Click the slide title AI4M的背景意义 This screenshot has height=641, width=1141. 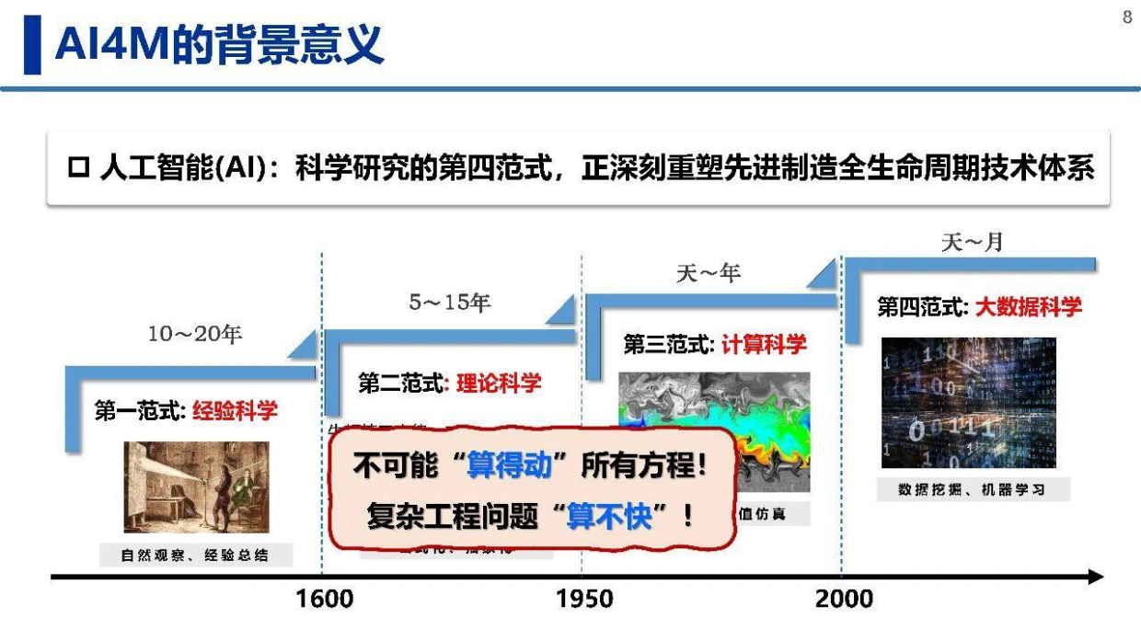pos(219,44)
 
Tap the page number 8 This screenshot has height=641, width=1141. pos(1127,17)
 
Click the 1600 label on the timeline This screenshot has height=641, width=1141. pos(324,600)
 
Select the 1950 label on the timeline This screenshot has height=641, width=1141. pos(584,600)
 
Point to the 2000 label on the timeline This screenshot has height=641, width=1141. pos(844,600)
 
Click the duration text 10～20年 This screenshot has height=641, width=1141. pos(195,335)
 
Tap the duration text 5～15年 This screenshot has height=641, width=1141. pos(451,303)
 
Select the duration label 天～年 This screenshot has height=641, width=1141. pos(709,273)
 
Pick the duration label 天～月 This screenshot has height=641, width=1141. pos(972,243)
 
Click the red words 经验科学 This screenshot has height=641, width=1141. pos(235,410)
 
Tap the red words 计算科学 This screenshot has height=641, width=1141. pos(764,344)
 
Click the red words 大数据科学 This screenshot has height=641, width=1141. pos(1029,307)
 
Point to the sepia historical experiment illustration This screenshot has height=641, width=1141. pos(196,486)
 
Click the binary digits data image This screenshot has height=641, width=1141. pos(968,403)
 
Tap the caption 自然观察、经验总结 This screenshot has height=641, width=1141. pos(195,555)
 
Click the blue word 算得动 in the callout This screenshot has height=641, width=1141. pos(509,465)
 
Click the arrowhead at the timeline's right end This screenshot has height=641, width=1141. pos(1094,577)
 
